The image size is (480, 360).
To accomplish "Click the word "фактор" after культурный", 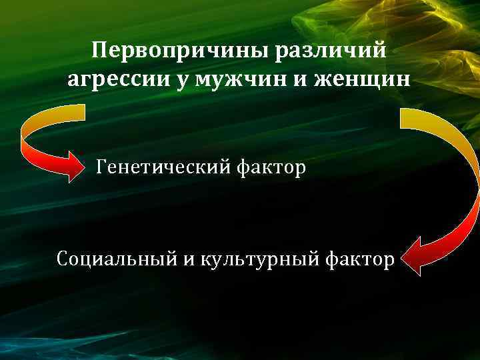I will click(359, 257).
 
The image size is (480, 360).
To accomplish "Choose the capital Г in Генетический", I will click(101, 167).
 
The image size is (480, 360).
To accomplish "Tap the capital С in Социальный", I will click(63, 257).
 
